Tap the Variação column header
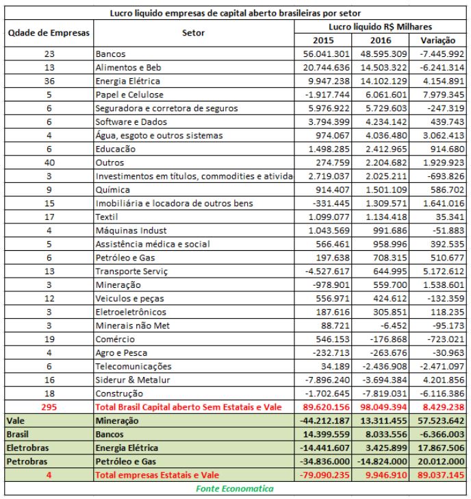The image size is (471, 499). click(440, 40)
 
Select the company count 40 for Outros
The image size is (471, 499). click(48, 164)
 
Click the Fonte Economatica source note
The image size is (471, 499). click(235, 489)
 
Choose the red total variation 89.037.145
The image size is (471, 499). click(441, 475)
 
